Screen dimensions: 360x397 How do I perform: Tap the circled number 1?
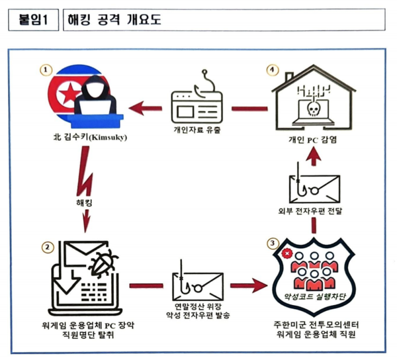point(44,69)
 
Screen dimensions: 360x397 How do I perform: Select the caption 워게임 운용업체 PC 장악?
point(90,325)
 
